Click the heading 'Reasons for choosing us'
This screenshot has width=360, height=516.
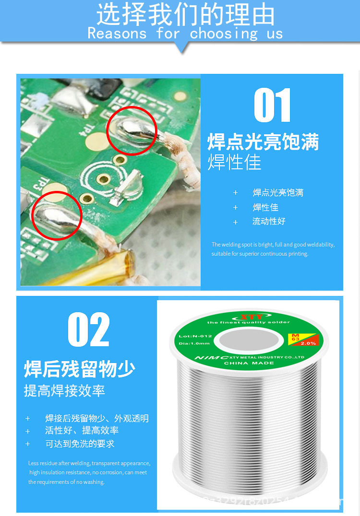click(185, 34)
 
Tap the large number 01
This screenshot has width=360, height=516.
click(272, 106)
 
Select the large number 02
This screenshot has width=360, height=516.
click(89, 329)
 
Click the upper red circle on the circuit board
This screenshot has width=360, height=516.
click(132, 130)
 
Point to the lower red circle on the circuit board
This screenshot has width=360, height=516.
click(57, 215)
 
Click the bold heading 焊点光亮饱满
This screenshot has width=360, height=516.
click(263, 142)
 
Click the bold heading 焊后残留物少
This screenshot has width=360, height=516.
click(80, 369)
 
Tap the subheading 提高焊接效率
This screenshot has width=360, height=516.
click(64, 391)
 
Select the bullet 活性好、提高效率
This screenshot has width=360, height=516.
click(82, 431)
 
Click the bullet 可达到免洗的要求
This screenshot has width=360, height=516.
click(80, 444)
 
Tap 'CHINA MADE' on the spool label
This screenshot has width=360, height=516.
click(249, 363)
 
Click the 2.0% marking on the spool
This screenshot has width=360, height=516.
click(309, 343)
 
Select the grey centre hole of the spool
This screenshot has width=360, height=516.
click(248, 341)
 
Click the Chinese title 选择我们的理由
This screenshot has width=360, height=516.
click(185, 14)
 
